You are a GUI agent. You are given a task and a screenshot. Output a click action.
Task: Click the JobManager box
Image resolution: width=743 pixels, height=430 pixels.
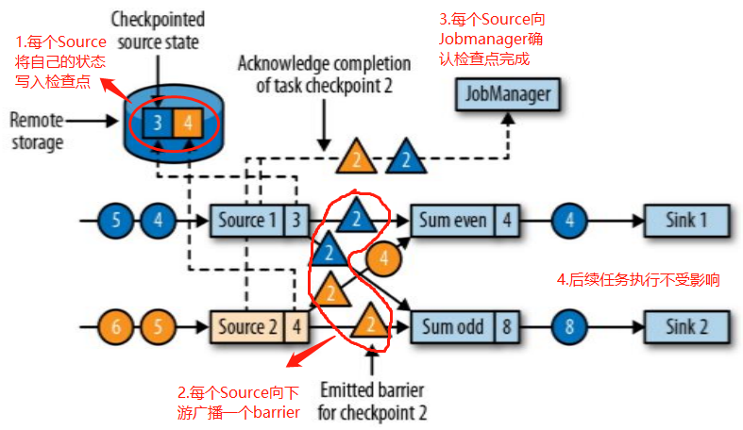pos(507,95)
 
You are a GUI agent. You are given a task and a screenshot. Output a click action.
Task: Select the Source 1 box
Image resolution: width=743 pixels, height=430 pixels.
pos(244,222)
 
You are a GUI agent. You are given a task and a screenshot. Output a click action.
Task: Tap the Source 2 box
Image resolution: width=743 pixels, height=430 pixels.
pos(244,327)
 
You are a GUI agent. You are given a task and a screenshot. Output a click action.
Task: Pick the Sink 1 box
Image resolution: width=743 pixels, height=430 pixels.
pos(686,222)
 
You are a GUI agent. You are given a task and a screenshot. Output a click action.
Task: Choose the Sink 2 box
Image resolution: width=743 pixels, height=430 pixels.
pos(686,327)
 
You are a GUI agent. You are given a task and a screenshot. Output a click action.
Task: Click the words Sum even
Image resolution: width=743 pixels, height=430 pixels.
pos(451,222)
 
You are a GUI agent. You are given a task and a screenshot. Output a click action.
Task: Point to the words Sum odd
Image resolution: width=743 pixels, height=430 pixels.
pos(451,327)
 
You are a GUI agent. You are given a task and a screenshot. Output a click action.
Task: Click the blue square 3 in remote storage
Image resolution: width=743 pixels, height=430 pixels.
pos(160,124)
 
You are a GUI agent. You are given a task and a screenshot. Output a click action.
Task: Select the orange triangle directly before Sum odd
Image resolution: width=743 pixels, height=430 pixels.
pos(371,324)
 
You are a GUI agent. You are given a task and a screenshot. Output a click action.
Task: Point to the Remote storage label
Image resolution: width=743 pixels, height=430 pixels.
pos(36,131)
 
